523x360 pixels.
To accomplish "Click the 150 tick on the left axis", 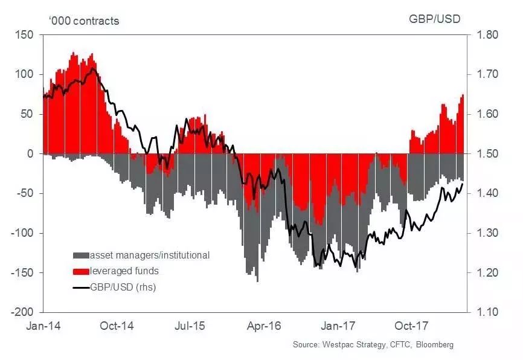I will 26,35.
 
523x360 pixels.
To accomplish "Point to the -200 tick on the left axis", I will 24,312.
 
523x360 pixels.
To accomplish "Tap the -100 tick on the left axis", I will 24,233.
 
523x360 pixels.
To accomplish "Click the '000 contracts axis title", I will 84,21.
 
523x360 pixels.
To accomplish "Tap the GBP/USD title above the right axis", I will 435,19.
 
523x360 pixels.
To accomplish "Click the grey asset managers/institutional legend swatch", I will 81,256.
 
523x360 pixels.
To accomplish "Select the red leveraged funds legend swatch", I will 81,271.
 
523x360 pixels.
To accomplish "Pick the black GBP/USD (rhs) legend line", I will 81,288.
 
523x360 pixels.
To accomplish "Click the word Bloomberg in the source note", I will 433,345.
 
